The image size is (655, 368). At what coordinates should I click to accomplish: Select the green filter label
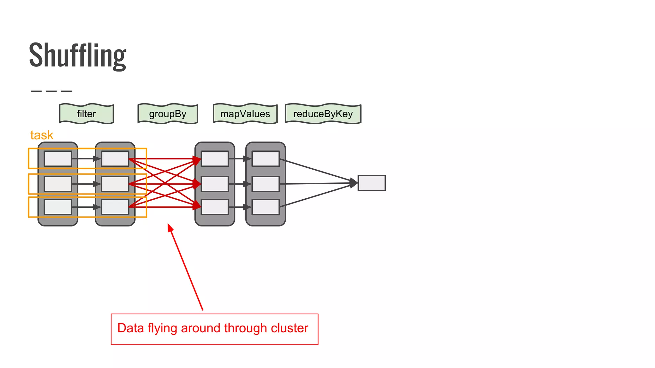tap(86, 114)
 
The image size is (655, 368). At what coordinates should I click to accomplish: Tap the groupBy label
tap(168, 114)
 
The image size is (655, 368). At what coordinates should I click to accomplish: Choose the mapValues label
tap(245, 114)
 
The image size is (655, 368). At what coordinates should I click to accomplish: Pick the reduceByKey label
tap(323, 114)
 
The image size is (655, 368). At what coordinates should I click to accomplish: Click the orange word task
tap(42, 135)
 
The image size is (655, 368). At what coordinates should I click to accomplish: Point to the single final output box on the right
tap(371, 183)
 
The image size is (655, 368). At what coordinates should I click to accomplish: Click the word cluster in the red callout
tap(289, 328)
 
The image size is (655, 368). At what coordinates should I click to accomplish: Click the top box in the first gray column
tap(58, 159)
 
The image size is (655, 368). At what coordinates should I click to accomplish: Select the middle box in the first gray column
tap(58, 184)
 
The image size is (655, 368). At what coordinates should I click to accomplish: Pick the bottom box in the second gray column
tap(115, 207)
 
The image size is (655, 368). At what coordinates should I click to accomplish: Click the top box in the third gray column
tap(215, 159)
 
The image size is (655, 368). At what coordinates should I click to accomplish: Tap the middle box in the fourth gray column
tap(265, 184)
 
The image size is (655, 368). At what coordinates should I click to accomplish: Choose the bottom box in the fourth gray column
tap(265, 207)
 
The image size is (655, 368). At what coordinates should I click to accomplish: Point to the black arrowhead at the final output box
tap(354, 183)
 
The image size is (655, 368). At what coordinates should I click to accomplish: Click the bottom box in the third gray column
tap(215, 207)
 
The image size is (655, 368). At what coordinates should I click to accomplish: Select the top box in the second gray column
tap(115, 159)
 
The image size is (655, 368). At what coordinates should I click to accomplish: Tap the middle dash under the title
tap(51, 91)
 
